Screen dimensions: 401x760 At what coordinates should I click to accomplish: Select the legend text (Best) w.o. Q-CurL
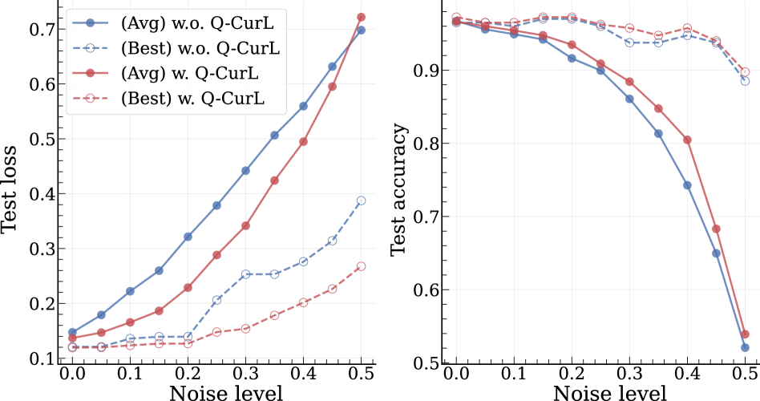click(200, 48)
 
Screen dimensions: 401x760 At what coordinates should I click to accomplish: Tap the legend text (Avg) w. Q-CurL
click(189, 73)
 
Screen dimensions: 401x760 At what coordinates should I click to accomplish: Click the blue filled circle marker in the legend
click(91, 22)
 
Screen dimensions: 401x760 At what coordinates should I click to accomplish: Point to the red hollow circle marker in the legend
click(91, 99)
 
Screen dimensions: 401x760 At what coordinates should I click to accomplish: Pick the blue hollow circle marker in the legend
click(91, 48)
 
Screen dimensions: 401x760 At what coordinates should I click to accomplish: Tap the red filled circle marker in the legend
click(91, 73)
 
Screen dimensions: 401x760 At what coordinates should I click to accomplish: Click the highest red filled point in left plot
click(361, 17)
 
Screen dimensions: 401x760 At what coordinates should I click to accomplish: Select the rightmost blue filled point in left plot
click(361, 30)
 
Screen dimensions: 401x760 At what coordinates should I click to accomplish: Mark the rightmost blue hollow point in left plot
click(361, 200)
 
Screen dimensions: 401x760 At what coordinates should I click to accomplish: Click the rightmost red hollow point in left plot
click(361, 266)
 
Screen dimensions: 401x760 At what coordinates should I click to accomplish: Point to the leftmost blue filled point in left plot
click(72, 332)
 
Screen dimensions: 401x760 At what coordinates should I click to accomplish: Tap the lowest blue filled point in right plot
click(745, 348)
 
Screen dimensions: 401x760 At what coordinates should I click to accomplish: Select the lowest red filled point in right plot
click(745, 334)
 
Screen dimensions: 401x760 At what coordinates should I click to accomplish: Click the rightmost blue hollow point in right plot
click(745, 81)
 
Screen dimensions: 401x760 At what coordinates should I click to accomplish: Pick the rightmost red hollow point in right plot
click(745, 72)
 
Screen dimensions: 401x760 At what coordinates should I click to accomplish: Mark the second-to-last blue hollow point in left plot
click(332, 241)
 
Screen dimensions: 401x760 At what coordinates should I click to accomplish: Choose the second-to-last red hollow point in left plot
click(332, 289)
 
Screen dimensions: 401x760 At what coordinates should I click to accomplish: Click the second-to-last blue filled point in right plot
click(716, 253)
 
